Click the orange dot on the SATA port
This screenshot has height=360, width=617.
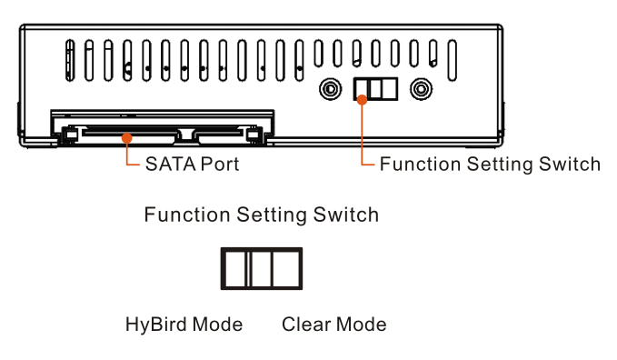pos(126,138)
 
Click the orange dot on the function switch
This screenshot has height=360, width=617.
pos(362,99)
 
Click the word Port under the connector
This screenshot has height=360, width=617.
pos(220,165)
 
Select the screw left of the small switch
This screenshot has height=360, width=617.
pos(331,89)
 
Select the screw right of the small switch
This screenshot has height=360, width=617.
pos(421,89)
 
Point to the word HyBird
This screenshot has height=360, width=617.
pos(156,325)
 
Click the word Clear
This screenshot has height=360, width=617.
pos(306,325)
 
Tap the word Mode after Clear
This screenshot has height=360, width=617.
pos(362,325)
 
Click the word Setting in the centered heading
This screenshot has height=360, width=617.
pos(272,215)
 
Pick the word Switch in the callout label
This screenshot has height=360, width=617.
pos(570,164)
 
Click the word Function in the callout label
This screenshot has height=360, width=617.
pos(420,164)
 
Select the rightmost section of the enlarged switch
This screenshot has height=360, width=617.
pos(285,269)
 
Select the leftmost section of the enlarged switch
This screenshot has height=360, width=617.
pos(235,269)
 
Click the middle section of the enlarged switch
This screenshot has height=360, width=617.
pos(261,269)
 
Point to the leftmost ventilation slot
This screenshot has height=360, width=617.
pos(70,60)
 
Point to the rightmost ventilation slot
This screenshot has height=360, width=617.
pos(453,60)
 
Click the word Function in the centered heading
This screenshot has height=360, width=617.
pos(187,215)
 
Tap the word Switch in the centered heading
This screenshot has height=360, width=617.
pos(346,215)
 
